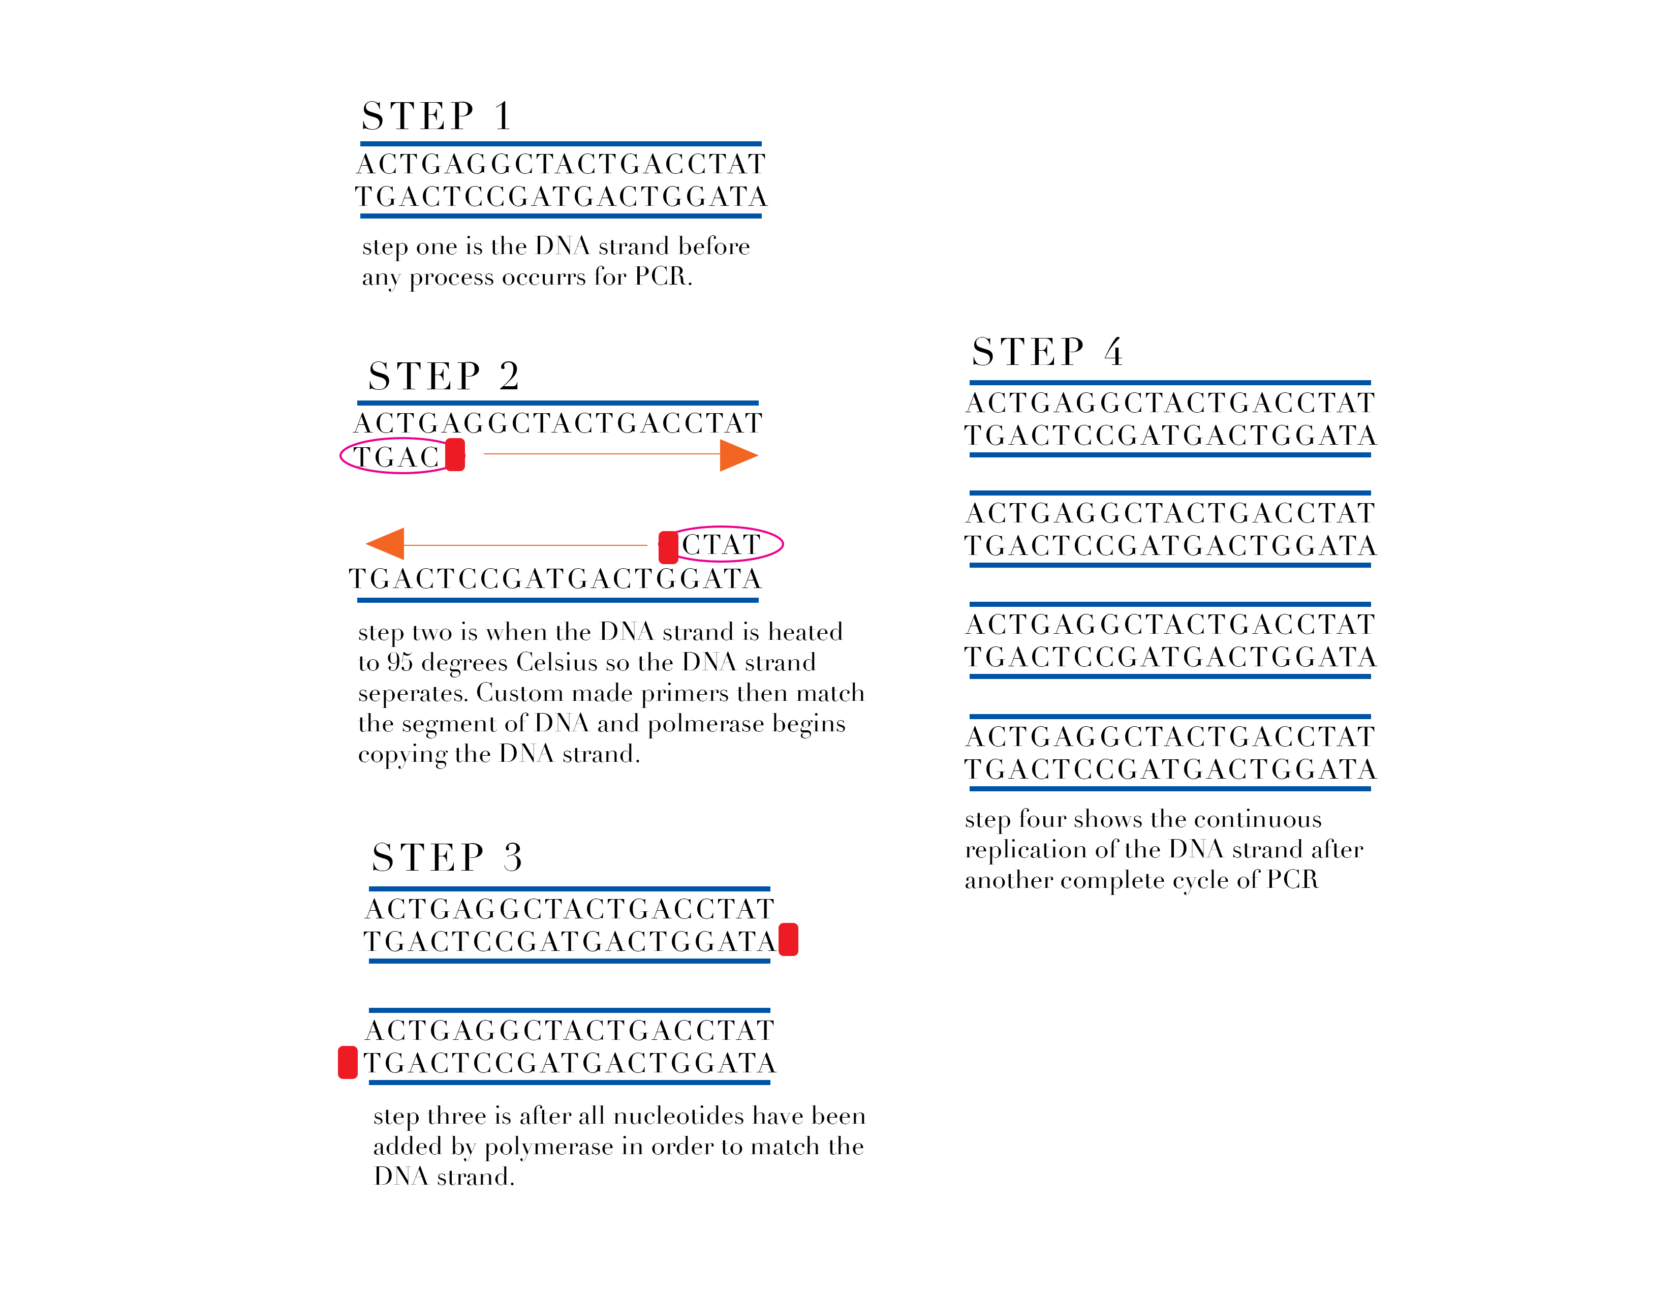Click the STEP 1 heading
click(436, 117)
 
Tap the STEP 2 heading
click(443, 376)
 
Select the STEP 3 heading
click(447, 857)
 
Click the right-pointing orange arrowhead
click(737, 455)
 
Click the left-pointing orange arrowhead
click(386, 544)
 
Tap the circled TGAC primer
click(395, 457)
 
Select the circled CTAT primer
click(722, 544)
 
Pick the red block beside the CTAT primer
click(668, 547)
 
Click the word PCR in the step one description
click(662, 276)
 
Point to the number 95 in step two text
click(400, 662)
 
